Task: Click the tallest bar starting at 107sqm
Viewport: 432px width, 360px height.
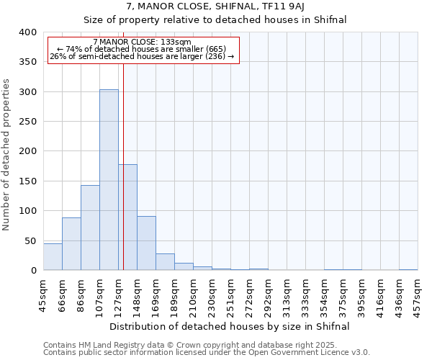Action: point(109,180)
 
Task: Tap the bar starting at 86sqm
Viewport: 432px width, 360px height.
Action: point(90,228)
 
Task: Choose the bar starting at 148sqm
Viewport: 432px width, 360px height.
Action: point(146,243)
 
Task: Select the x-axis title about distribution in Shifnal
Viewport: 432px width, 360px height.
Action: point(230,326)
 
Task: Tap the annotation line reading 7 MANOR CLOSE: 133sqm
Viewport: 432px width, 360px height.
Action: point(142,42)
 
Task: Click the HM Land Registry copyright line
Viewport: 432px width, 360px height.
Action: point(196,345)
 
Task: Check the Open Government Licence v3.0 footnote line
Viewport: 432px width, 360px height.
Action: point(206,353)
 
